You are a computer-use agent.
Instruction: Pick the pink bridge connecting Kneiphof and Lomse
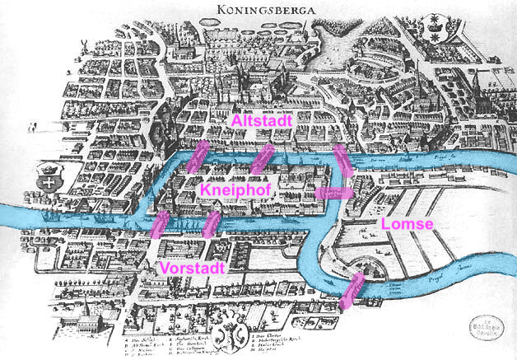pyautogui.click(x=334, y=193)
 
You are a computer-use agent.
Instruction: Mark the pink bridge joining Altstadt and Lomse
pyautogui.click(x=342, y=160)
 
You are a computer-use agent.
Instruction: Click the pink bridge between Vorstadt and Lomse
pyautogui.click(x=352, y=291)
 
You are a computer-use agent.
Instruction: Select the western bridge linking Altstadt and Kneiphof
pyautogui.click(x=198, y=157)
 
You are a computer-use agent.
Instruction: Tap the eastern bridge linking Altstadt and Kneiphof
pyautogui.click(x=263, y=160)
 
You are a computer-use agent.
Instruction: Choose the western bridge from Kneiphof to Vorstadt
pyautogui.click(x=161, y=224)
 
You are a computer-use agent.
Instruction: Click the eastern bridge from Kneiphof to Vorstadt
pyautogui.click(x=212, y=224)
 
